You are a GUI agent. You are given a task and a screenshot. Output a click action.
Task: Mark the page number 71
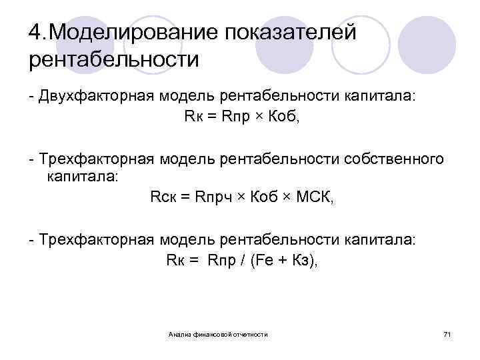(x=447, y=333)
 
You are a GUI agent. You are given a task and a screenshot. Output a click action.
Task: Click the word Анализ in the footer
(x=180, y=333)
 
